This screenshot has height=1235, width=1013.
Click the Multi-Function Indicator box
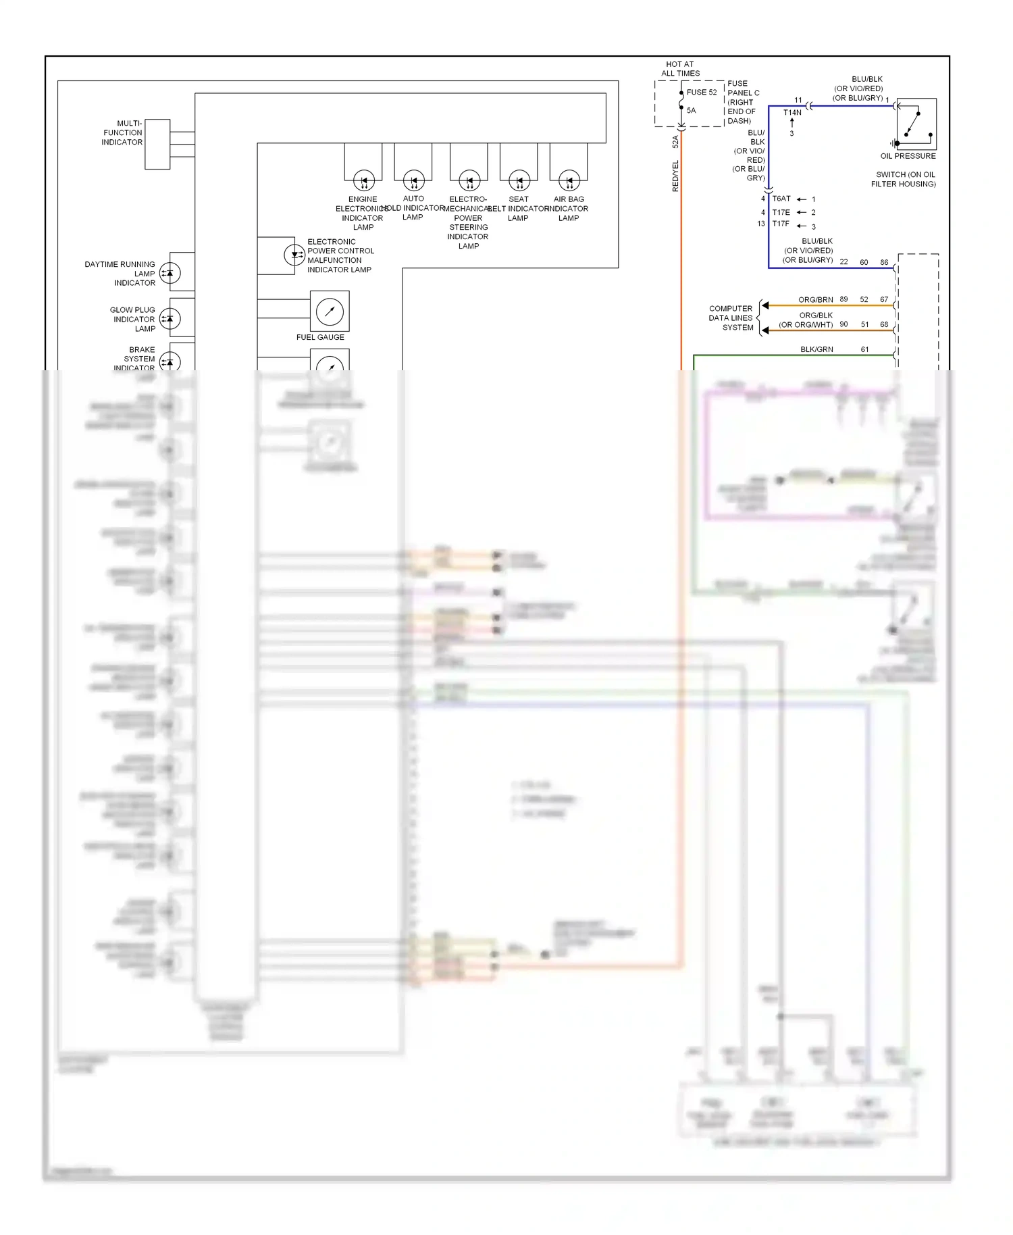(x=157, y=144)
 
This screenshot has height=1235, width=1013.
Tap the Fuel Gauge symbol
(x=330, y=311)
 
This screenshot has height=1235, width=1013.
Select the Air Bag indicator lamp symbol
(x=569, y=180)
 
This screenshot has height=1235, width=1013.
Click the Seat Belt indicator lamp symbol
(x=519, y=180)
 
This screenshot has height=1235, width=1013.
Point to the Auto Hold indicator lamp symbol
(x=414, y=180)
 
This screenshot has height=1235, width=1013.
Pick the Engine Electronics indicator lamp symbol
(x=364, y=180)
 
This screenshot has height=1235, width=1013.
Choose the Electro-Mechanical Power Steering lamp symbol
(x=469, y=180)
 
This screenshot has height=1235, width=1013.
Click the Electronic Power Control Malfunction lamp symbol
(x=294, y=255)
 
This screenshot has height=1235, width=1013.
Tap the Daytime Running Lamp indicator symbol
(x=170, y=274)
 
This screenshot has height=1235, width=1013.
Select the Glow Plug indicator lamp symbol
(x=170, y=318)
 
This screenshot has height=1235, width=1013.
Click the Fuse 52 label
(x=702, y=93)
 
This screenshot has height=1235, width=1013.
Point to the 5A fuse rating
(x=691, y=111)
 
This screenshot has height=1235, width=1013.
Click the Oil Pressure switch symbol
(x=916, y=124)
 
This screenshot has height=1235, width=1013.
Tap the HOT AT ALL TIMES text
(x=680, y=69)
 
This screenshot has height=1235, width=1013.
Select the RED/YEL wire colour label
(x=675, y=176)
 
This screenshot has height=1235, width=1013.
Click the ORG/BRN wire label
(x=815, y=300)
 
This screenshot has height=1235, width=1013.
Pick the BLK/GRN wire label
(x=816, y=350)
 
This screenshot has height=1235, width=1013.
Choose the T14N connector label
(x=792, y=113)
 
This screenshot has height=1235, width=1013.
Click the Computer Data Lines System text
(x=731, y=318)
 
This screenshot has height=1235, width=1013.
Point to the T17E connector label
(x=781, y=212)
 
